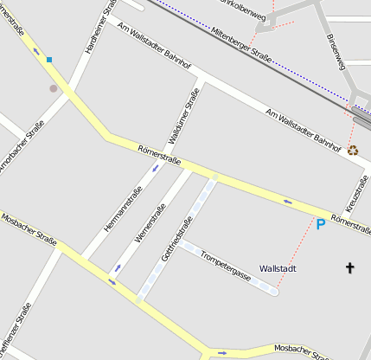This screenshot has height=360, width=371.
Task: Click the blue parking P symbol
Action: tap(321, 225)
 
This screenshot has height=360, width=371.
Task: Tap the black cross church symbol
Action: tap(350, 268)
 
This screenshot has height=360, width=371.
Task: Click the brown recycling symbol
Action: tap(353, 150)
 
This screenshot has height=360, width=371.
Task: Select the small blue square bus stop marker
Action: tap(49, 60)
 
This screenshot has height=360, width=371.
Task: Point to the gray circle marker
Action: tap(54, 88)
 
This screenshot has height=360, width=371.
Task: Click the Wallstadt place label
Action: tap(278, 269)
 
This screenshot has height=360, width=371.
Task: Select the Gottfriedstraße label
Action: tap(176, 232)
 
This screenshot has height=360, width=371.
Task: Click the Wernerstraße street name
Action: tap(150, 222)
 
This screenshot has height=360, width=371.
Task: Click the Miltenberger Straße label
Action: tap(241, 45)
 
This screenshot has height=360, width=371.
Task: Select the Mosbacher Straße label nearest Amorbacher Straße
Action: tap(29, 230)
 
